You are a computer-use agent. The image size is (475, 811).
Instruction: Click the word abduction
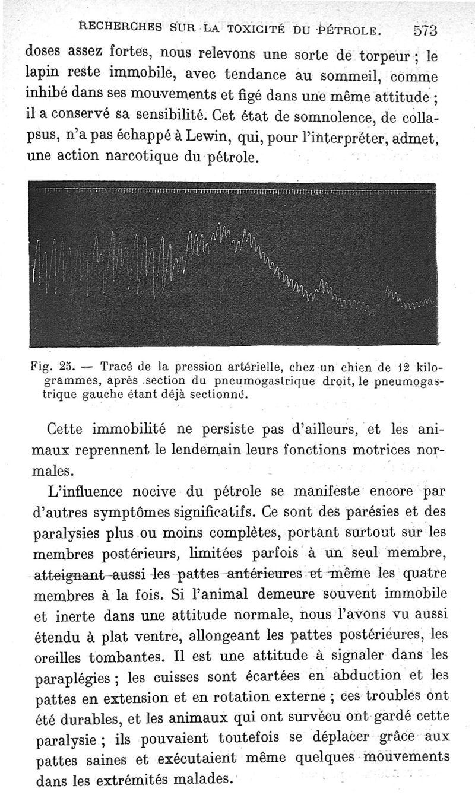pyautogui.click(x=366, y=675)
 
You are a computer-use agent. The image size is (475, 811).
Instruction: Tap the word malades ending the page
pyautogui.click(x=202, y=778)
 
